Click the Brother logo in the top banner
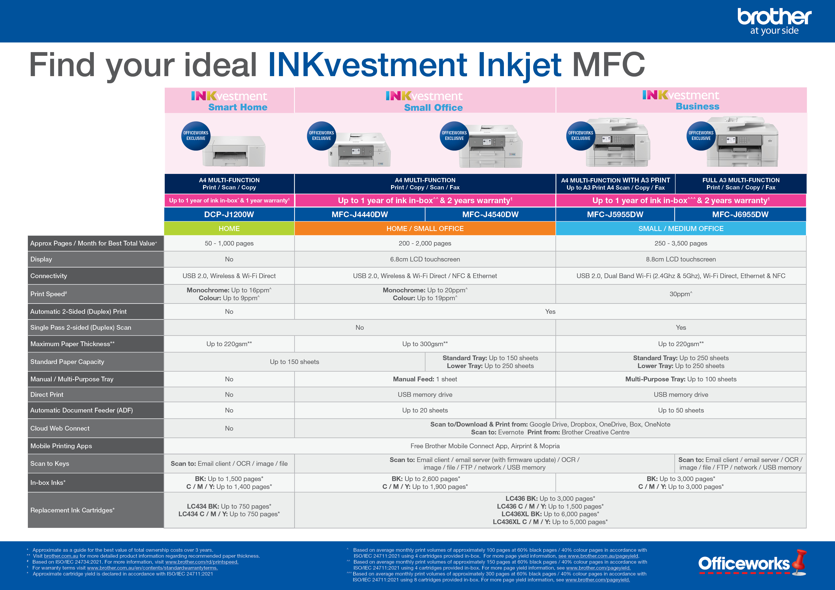[x=774, y=21]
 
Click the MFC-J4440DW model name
[x=359, y=215]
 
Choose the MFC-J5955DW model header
[x=615, y=215]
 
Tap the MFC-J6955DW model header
[x=740, y=215]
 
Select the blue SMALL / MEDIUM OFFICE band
[x=681, y=229]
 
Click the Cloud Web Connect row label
[x=60, y=428]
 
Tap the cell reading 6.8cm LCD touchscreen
[x=425, y=259]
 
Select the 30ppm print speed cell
[x=681, y=294]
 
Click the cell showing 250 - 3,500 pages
[x=681, y=243]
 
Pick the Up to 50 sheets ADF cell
[x=681, y=410]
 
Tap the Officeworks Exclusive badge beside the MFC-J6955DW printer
[x=701, y=136]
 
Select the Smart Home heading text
[x=238, y=107]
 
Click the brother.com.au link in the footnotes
[x=61, y=556]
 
